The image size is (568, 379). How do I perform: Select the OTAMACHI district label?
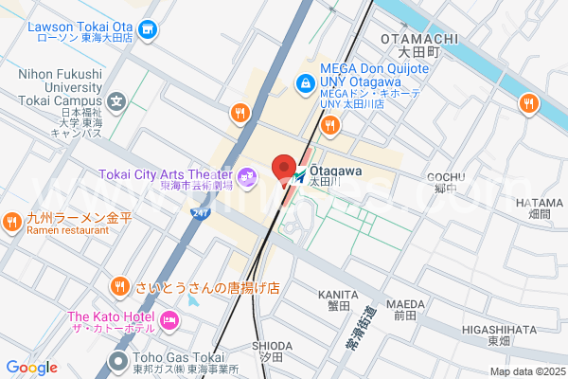tap(418, 38)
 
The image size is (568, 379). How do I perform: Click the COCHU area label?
tap(444, 177)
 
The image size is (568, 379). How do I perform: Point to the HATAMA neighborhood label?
tap(539, 202)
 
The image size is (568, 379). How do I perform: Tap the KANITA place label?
tap(338, 295)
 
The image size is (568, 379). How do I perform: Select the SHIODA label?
tap(271, 346)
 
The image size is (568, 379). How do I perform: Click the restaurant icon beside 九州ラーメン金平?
tap(12, 222)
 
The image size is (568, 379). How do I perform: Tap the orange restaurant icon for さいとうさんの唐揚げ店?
tap(119, 285)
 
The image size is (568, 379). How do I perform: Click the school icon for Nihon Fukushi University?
tap(116, 99)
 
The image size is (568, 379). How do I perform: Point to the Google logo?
tap(31, 368)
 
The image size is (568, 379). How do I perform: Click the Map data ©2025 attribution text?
tap(526, 371)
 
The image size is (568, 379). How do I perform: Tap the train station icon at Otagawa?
tap(300, 176)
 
